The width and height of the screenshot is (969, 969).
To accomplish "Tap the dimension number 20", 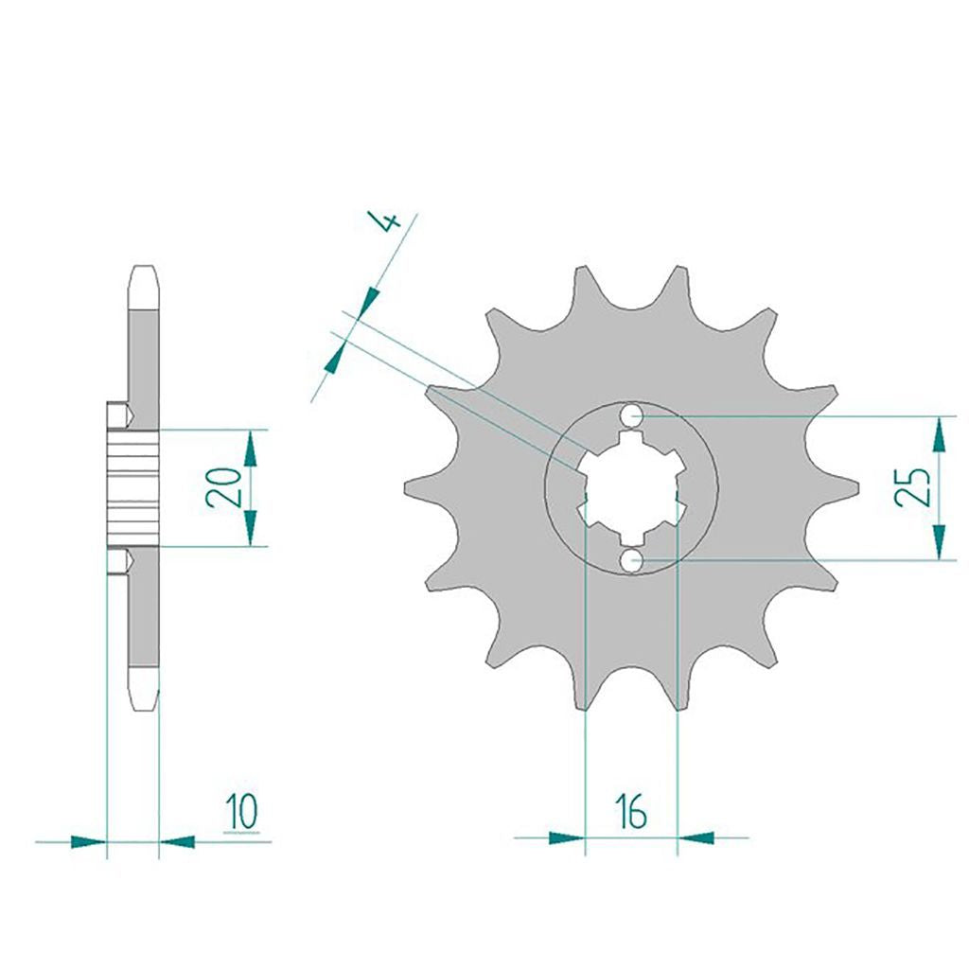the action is coord(223,487).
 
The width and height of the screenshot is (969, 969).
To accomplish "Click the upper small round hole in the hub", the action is coord(631,416).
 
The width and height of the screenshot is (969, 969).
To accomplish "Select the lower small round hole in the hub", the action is coord(631,560).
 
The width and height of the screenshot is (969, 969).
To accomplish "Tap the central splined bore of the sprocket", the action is coord(631,487).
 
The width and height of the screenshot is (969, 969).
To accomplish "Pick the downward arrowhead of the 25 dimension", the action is coord(938,542).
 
